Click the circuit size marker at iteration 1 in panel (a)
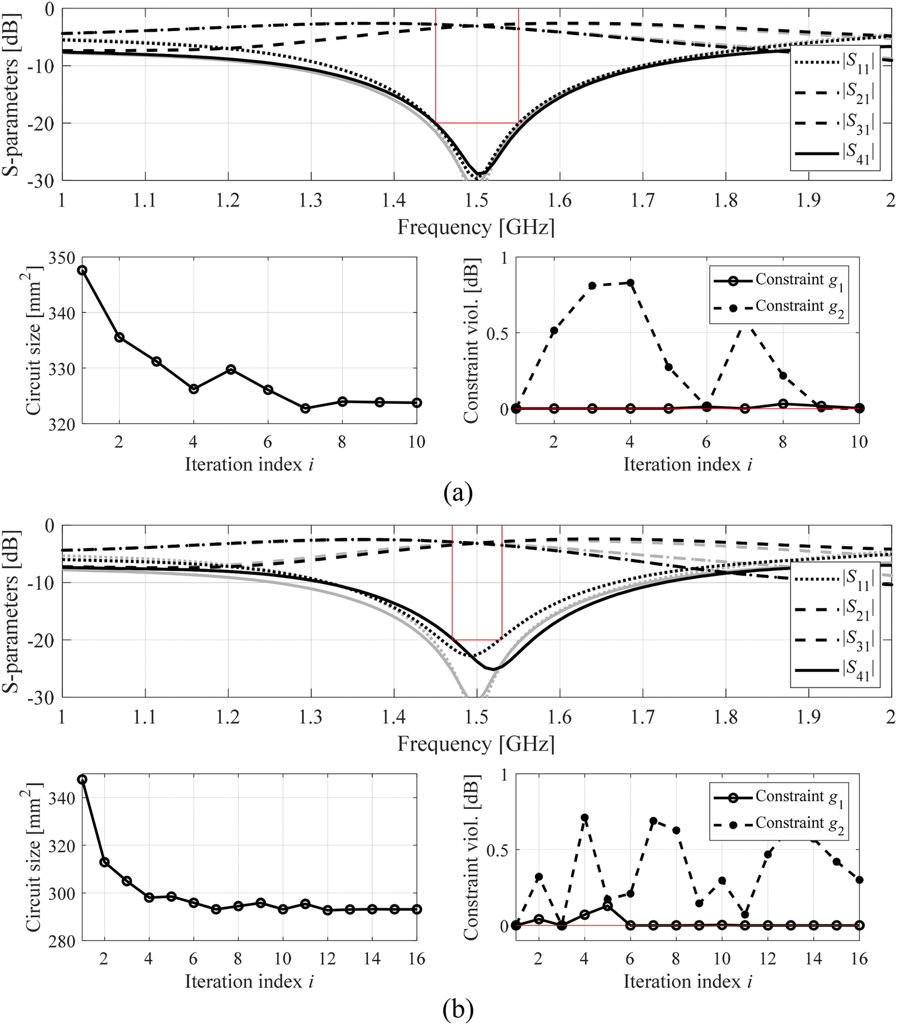tap(83, 270)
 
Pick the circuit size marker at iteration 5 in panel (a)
tap(231, 369)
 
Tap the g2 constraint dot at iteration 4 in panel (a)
tap(631, 282)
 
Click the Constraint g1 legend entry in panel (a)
tap(778, 280)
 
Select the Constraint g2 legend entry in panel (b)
tap(778, 824)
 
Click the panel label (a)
tap(458, 494)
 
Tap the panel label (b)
tap(458, 1011)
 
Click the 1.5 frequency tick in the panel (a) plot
tap(476, 200)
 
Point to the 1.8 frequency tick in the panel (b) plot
tap(725, 717)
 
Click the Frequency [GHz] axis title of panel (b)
tap(476, 744)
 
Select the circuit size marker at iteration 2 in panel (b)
tap(105, 862)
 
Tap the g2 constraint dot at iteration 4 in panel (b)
tap(585, 817)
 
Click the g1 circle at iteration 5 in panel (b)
tap(607, 906)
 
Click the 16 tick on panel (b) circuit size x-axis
tap(416, 959)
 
